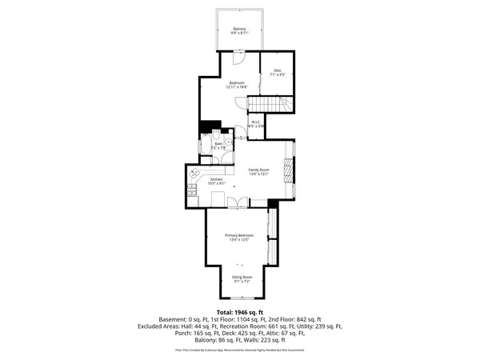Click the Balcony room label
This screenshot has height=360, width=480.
pos(240,30)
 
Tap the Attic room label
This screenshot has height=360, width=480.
pos(278,73)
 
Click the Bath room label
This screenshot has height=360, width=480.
pos(218,146)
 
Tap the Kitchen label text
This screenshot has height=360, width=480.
pos(217,181)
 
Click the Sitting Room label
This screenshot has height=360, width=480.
pos(240,279)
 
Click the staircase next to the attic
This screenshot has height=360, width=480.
pos(270,105)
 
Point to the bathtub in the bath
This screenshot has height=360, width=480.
pos(205,146)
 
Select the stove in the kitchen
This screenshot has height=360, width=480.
pos(191,191)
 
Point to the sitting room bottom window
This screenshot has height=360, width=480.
pos(240,302)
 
